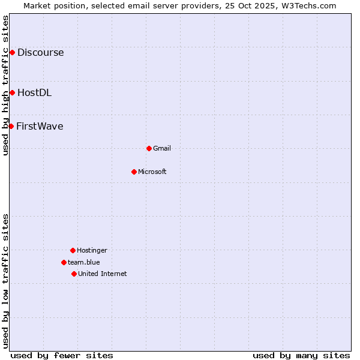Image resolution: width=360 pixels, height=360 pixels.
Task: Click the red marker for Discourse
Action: [12, 52]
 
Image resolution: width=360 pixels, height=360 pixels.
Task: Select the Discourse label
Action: [40, 52]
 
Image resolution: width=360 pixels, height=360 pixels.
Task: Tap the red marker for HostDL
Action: [12, 92]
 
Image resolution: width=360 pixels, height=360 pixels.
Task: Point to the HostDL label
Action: [34, 92]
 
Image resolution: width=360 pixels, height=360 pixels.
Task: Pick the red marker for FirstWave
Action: [11, 126]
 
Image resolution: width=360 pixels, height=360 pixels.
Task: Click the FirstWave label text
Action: [40, 126]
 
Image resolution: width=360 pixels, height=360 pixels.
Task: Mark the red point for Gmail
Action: [149, 148]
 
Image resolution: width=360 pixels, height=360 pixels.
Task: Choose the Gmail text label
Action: [162, 148]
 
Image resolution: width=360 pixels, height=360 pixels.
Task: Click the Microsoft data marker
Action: [134, 172]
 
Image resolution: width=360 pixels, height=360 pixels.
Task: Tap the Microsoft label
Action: [152, 172]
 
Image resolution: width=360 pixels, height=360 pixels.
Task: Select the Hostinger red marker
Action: [73, 250]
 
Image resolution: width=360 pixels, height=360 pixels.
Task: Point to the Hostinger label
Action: [92, 250]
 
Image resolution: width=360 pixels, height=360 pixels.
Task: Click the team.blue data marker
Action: [64, 262]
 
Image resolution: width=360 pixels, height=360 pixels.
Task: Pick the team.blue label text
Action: [84, 262]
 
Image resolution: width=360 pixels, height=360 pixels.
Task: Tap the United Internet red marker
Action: [74, 274]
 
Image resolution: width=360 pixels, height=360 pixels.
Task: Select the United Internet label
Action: [103, 274]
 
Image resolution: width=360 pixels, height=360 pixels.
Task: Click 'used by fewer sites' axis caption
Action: [62, 355]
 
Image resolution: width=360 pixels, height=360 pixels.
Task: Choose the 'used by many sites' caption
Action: [301, 355]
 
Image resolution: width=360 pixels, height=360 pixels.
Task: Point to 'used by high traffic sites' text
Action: [5, 85]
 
